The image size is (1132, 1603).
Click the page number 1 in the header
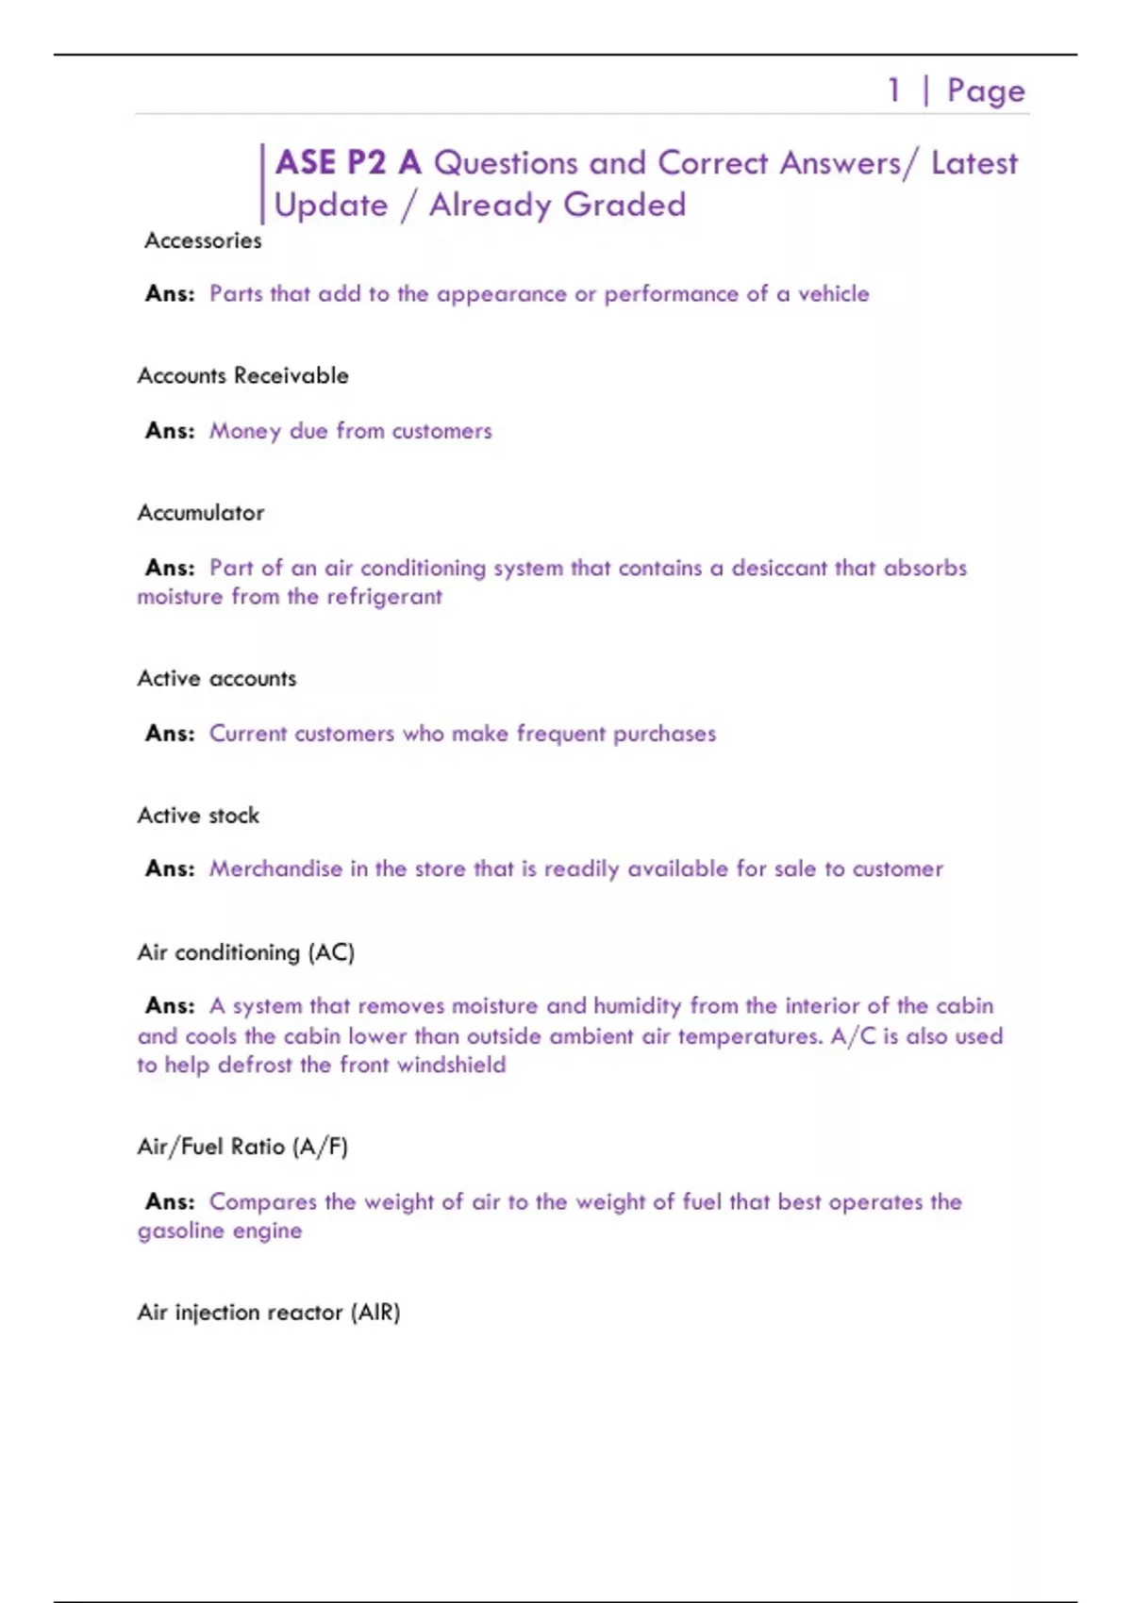click(x=893, y=91)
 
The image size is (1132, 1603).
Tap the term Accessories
click(x=203, y=240)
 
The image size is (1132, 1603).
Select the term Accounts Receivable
click(x=242, y=375)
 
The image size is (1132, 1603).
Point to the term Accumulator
click(x=200, y=513)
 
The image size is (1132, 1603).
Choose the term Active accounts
click(x=216, y=678)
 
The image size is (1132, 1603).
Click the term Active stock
click(x=198, y=815)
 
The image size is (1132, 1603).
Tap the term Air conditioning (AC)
click(x=245, y=952)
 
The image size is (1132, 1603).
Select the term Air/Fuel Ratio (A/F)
click(x=242, y=1147)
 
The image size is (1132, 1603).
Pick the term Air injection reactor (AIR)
click(x=269, y=1312)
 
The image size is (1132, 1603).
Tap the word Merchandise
click(x=275, y=868)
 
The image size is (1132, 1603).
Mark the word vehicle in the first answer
click(x=833, y=294)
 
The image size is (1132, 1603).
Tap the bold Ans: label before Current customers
click(x=170, y=734)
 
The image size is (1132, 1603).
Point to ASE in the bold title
click(x=306, y=163)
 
